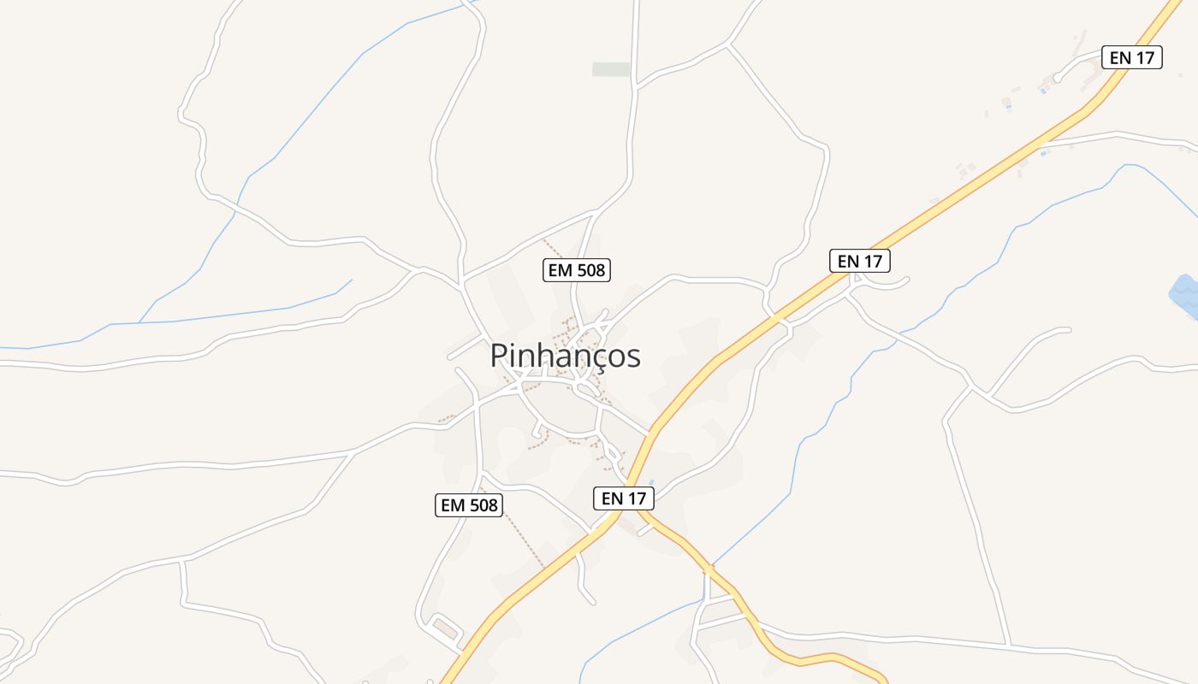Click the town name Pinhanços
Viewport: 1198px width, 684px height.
[x=565, y=356]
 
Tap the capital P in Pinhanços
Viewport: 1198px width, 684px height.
[x=499, y=356]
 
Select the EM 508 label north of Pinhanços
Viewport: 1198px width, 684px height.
[x=576, y=270]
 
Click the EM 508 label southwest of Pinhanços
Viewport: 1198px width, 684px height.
[x=468, y=504]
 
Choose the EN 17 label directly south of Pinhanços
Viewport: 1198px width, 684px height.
[x=623, y=498]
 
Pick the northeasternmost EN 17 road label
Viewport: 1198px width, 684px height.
[x=1131, y=57]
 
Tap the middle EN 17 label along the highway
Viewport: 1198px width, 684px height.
[x=860, y=261]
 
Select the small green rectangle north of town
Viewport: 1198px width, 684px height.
[x=611, y=69]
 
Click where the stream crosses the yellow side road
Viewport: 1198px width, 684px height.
[x=709, y=568]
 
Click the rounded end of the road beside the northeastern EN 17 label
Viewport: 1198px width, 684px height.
[x=1058, y=78]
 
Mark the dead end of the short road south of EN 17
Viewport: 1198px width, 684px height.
[x=592, y=602]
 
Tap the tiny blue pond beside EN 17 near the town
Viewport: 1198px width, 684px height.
[x=652, y=483]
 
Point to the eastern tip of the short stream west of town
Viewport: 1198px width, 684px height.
[x=351, y=280]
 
